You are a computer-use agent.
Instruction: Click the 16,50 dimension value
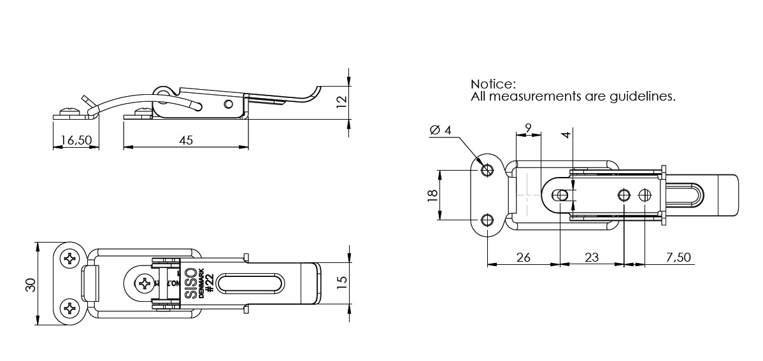coord(75,140)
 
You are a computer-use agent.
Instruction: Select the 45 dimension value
coord(185,140)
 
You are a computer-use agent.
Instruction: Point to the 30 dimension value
coord(29,284)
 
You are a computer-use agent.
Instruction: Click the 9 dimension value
coord(527,127)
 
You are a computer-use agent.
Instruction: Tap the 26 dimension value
coord(523,257)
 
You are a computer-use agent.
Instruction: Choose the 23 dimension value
coord(592,257)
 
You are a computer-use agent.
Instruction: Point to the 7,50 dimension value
coord(678,257)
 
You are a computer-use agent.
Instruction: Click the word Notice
coord(492,84)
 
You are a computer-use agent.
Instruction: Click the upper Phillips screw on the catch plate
coord(69,259)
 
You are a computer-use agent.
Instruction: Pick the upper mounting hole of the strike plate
coord(487,170)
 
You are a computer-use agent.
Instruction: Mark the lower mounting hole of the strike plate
coord(487,220)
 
